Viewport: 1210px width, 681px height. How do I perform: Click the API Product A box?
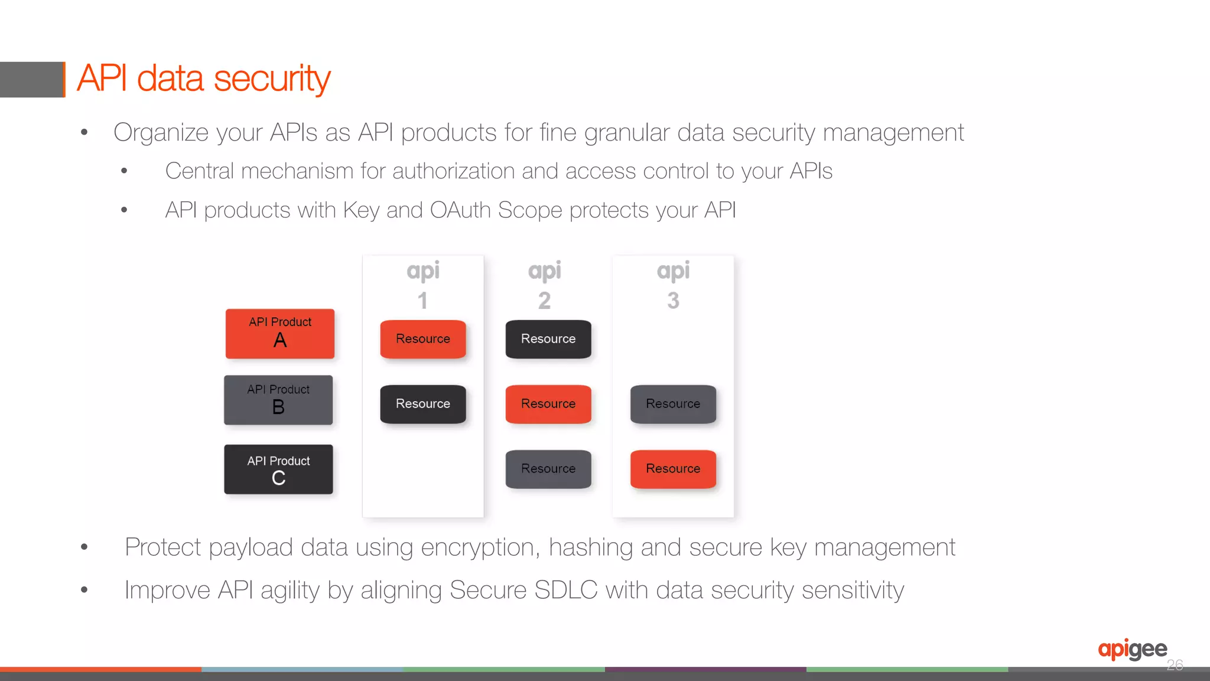280,334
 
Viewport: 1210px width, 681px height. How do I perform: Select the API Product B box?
278,400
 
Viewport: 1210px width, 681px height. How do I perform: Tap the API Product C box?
278,470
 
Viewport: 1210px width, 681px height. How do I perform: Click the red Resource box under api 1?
423,339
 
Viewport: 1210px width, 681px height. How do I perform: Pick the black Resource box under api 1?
423,404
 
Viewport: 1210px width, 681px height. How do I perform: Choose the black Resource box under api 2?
548,339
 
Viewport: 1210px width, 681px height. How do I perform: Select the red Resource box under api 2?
548,404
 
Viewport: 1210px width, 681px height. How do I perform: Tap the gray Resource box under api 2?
548,469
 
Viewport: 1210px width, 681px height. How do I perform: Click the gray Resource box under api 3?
673,404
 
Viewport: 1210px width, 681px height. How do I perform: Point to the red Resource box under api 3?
673,469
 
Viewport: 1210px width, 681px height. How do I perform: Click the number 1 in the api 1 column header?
422,301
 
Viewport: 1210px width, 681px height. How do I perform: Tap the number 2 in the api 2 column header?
544,301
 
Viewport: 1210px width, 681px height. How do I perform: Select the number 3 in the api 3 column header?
673,301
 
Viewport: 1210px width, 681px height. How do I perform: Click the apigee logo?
1132,650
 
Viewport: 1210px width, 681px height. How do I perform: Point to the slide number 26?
1175,666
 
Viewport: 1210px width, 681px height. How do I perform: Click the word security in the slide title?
272,79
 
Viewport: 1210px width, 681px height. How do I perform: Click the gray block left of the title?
31,79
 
